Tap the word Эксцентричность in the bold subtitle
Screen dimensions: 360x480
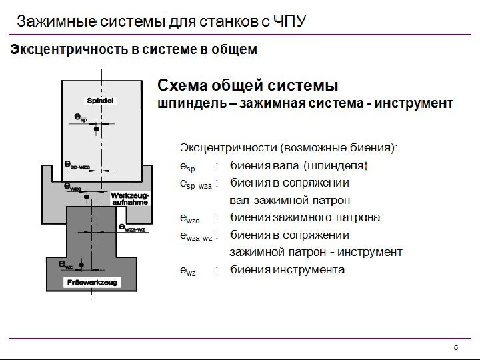59,50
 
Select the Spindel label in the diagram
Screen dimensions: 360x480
100,100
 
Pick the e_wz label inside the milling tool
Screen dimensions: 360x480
65,265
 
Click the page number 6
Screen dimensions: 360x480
456,347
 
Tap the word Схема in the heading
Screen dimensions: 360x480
180,86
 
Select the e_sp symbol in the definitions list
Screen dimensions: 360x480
187,166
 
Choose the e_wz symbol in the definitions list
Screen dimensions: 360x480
188,271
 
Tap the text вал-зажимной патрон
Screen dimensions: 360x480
290,200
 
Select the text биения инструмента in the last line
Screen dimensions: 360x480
287,270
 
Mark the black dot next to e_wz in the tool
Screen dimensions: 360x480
81,265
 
